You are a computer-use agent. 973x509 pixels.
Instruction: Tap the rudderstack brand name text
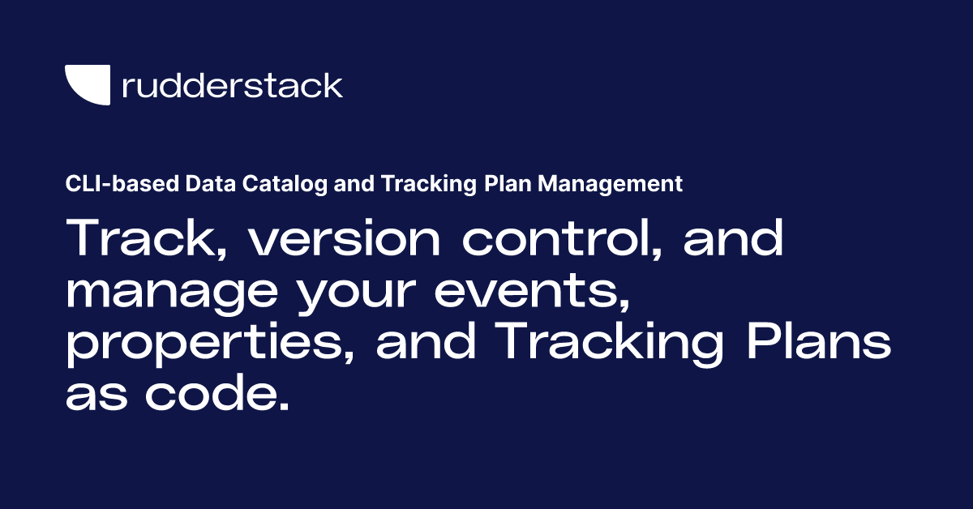point(232,85)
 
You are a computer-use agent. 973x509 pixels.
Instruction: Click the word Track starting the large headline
point(138,241)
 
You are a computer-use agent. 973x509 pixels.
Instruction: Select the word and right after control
point(730,241)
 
